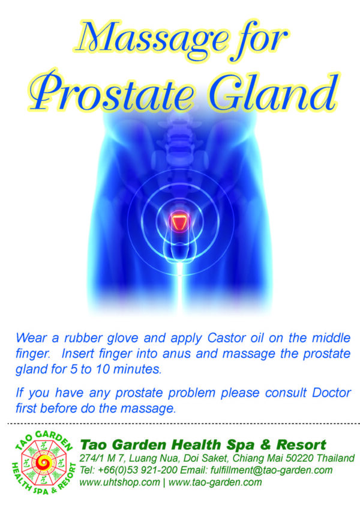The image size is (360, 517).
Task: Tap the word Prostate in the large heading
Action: (112, 91)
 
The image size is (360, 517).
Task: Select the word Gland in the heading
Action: (273, 90)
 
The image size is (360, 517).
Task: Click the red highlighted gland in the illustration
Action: (179, 221)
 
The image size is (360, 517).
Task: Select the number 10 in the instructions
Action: (103, 369)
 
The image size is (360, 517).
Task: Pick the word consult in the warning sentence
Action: (286, 393)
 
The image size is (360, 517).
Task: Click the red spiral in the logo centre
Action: (43, 463)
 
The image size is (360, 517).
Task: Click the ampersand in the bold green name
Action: (265, 445)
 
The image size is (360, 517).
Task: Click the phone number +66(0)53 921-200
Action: (137, 470)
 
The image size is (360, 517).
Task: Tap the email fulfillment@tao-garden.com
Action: (271, 470)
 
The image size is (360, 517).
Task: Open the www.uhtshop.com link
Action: (119, 482)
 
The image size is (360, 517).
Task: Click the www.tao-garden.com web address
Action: (215, 482)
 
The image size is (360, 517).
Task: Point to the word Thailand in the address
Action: (337, 458)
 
